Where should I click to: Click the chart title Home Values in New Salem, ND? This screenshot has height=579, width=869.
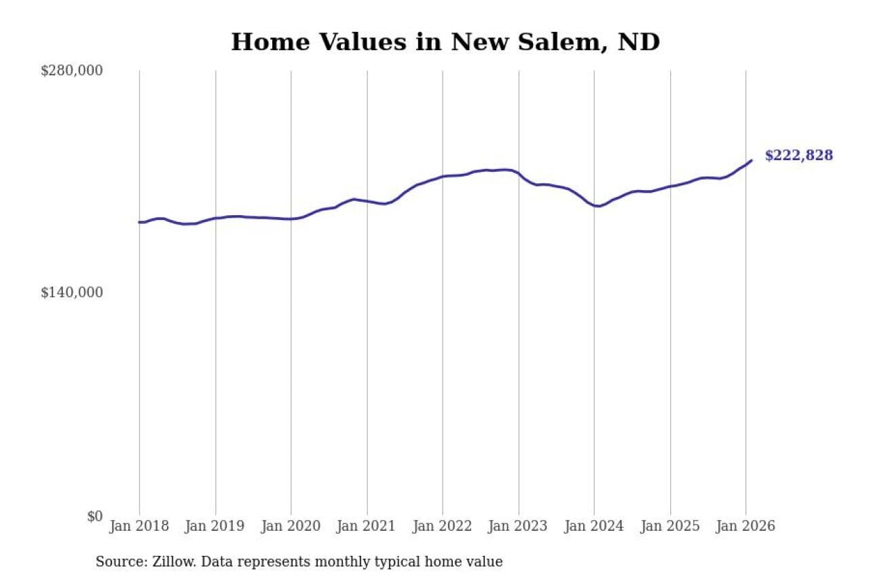tap(445, 42)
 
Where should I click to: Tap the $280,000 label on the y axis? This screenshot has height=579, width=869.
tap(72, 71)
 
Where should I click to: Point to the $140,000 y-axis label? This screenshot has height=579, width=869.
tap(72, 293)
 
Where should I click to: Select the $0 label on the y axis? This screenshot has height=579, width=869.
tap(94, 517)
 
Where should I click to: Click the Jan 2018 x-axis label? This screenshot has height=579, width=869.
tap(139, 527)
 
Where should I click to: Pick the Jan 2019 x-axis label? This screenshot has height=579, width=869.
tap(215, 527)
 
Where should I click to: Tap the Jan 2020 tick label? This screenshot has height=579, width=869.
tap(291, 527)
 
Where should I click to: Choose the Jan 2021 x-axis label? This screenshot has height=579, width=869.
tap(367, 527)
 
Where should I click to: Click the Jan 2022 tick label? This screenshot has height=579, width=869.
tap(443, 527)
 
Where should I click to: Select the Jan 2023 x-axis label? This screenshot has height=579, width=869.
tap(519, 527)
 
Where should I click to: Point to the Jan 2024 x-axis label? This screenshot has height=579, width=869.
tap(595, 527)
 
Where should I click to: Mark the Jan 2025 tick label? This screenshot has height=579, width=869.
tap(671, 527)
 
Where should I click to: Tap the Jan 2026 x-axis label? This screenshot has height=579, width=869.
tap(746, 527)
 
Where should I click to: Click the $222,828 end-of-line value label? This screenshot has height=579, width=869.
tap(798, 155)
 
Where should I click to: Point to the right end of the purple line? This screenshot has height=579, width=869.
tap(752, 160)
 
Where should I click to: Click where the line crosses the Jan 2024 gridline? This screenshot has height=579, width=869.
tap(595, 205)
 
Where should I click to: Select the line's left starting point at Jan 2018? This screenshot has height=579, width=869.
tap(139, 222)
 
